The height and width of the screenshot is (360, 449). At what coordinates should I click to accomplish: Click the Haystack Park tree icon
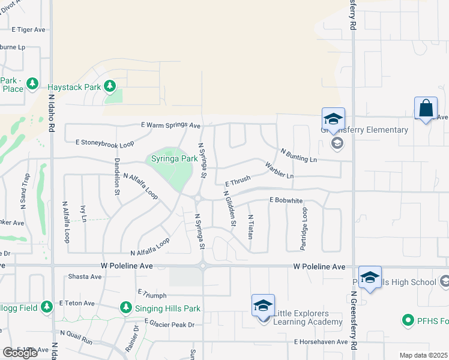[x=109, y=86]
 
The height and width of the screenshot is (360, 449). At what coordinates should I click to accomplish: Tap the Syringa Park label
[x=171, y=159]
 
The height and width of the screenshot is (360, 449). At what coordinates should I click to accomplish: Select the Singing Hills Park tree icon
[x=125, y=308]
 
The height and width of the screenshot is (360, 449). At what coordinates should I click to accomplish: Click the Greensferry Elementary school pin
[x=333, y=118]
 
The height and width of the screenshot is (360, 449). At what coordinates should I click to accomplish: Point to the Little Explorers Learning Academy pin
[x=263, y=305]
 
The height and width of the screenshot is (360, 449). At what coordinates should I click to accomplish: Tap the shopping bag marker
[x=426, y=109]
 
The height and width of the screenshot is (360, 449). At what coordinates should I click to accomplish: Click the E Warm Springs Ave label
[x=170, y=125]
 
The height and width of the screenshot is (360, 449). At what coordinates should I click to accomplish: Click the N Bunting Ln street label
[x=298, y=155]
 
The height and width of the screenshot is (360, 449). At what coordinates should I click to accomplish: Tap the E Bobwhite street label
[x=286, y=200]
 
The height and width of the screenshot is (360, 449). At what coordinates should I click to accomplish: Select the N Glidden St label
[x=229, y=208]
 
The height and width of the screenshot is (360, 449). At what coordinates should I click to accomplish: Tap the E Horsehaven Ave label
[x=321, y=342]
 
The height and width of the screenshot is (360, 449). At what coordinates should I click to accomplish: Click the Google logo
[x=20, y=353]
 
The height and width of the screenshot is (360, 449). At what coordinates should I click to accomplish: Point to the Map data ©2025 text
[x=424, y=355]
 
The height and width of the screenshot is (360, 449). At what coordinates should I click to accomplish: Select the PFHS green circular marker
[x=408, y=320]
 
